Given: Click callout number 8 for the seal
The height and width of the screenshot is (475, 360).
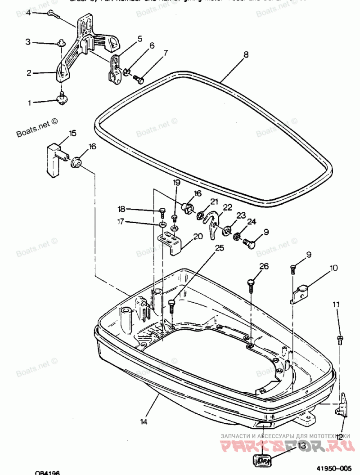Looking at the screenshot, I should pyautogui.click(x=246, y=55).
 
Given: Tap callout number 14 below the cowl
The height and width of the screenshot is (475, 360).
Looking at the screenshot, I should pyautogui.click(x=144, y=421).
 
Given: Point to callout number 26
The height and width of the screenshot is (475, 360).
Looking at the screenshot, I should pyautogui.click(x=264, y=266).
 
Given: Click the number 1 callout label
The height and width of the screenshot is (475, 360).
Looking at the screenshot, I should pyautogui.click(x=30, y=103).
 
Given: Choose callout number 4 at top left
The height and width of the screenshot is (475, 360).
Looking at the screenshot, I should pyautogui.click(x=28, y=13).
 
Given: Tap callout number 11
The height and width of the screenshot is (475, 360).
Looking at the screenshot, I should pyautogui.click(x=336, y=305).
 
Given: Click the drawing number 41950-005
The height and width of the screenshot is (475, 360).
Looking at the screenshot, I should pyautogui.click(x=333, y=468).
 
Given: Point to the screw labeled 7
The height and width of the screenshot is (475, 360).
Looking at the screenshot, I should pyautogui.click(x=139, y=80).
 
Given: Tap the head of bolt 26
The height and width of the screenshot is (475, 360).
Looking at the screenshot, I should pyautogui.click(x=251, y=282).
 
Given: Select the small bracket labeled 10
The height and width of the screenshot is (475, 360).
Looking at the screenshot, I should pyautogui.click(x=301, y=294).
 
